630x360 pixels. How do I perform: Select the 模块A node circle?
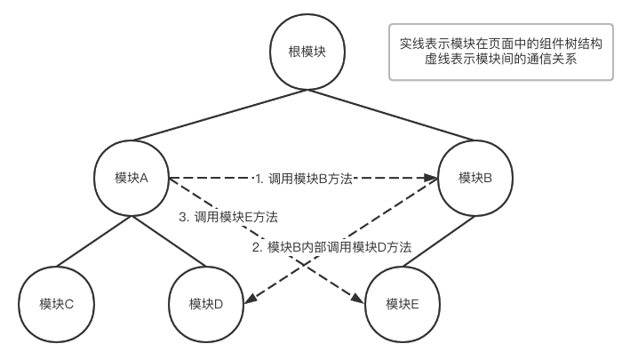131,177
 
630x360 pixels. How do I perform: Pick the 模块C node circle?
56,304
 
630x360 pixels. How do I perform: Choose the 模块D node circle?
205,304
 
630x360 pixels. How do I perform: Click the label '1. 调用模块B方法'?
304,178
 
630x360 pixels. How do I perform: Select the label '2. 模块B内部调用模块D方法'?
339,248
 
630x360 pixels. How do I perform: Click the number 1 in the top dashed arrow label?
258,178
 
